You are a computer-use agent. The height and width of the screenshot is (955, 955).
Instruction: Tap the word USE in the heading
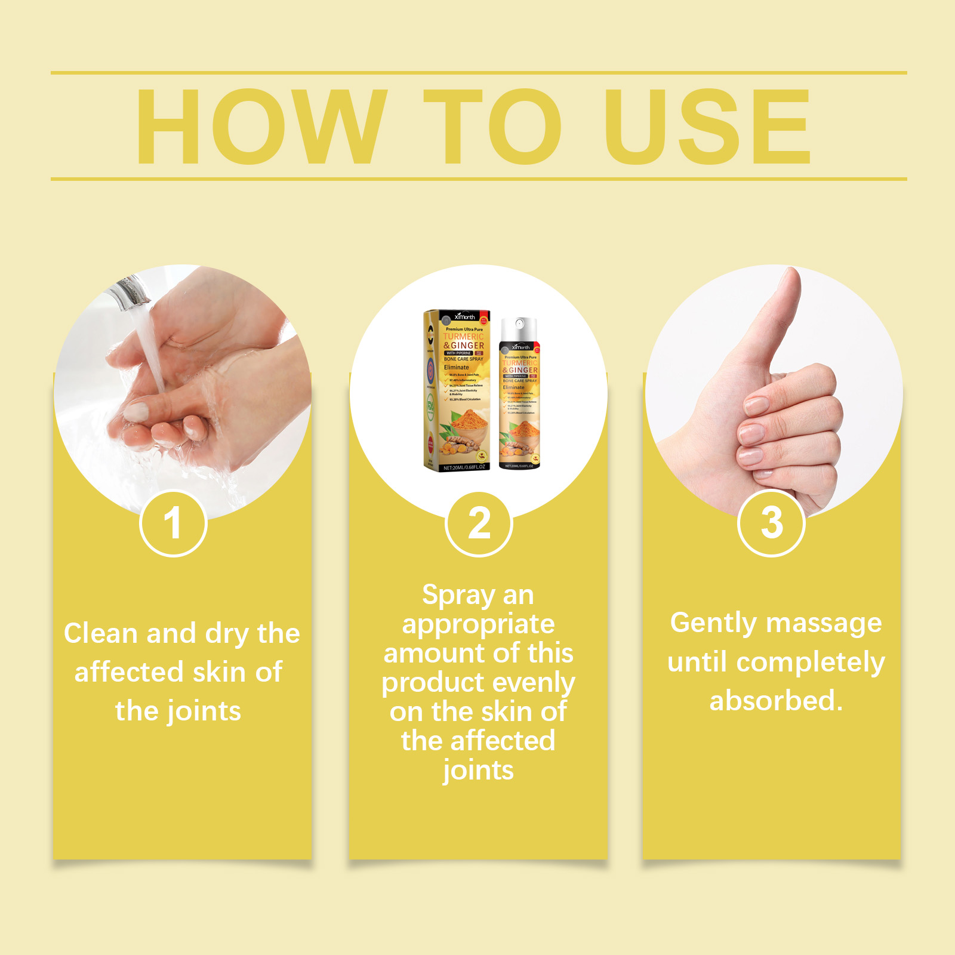(707, 127)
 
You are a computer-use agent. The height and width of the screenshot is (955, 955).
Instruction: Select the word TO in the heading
(492, 127)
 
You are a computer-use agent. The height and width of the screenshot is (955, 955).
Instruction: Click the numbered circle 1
(173, 523)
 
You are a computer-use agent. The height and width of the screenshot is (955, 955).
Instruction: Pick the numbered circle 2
(479, 523)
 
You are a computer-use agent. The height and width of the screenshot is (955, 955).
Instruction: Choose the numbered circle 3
(772, 523)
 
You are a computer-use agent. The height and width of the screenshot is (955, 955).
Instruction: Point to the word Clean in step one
(100, 633)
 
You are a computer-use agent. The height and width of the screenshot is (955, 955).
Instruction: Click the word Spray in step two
(458, 596)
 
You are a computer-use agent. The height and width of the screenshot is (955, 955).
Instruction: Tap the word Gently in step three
(713, 624)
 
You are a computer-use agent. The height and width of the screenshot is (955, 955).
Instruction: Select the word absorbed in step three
(775, 701)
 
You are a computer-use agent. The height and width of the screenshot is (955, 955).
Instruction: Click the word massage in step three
(824, 624)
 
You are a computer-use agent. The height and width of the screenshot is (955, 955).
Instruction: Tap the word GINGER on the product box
(467, 346)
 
